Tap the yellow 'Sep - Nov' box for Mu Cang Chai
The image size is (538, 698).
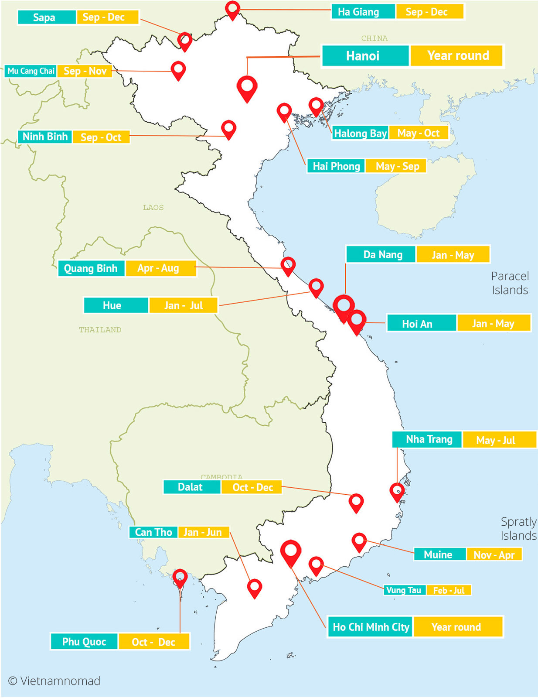(85, 71)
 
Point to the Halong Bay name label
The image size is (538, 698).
(360, 133)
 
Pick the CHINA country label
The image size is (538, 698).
(374, 38)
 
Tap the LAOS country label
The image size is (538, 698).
(153, 208)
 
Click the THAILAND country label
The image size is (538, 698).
(100, 330)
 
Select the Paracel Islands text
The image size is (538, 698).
(510, 283)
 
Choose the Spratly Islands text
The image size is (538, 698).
(518, 529)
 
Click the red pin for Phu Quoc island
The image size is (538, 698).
(180, 578)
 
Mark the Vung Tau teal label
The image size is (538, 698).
(404, 590)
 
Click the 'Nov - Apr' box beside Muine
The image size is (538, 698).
(494, 555)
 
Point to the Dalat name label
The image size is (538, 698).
(191, 487)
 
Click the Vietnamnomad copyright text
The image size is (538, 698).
(54, 681)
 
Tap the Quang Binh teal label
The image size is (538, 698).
(91, 268)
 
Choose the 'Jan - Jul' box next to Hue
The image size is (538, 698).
(183, 305)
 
